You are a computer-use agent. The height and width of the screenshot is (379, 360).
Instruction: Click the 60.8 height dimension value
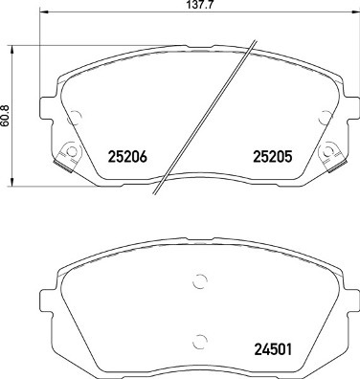tap(6, 116)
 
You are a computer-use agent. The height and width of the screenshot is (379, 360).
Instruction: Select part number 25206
tap(128, 157)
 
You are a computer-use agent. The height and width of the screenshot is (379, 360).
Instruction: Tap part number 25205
tap(273, 157)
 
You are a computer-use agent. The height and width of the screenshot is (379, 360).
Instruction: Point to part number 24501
tap(273, 349)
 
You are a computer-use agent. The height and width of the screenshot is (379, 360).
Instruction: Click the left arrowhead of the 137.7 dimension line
tap(43, 12)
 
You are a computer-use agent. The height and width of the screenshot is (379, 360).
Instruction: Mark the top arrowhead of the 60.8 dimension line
tap(12, 50)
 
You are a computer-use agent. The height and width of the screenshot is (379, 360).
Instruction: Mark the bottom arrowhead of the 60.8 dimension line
tap(12, 182)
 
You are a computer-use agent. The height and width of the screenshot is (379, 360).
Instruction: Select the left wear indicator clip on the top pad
tap(67, 156)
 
